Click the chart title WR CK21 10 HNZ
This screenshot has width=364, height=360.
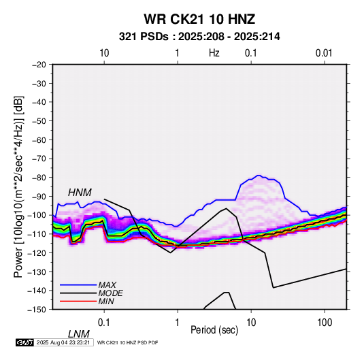pos(199,19)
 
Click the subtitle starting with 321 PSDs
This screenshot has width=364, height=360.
pos(199,37)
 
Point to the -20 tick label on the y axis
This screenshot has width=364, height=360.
pos(39,65)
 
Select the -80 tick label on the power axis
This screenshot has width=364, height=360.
pos(39,178)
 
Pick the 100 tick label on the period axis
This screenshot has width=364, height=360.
pos(324,323)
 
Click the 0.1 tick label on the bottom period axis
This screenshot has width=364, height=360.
pos(104,323)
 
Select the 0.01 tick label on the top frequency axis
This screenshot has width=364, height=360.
pos(324,53)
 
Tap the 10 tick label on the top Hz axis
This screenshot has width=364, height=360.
pos(104,53)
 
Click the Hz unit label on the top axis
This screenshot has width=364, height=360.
pos(214,53)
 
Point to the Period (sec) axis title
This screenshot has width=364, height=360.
pos(214,330)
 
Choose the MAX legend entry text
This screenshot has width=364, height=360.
pos(107,285)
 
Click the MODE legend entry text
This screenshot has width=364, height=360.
pos(110,293)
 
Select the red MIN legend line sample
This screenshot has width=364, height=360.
pos(78,301)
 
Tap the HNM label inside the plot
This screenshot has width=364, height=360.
pos(80,193)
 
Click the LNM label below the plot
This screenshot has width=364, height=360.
pos(79,334)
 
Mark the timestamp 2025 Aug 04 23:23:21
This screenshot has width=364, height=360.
pos(63,342)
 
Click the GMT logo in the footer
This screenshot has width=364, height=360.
pos(24,342)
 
